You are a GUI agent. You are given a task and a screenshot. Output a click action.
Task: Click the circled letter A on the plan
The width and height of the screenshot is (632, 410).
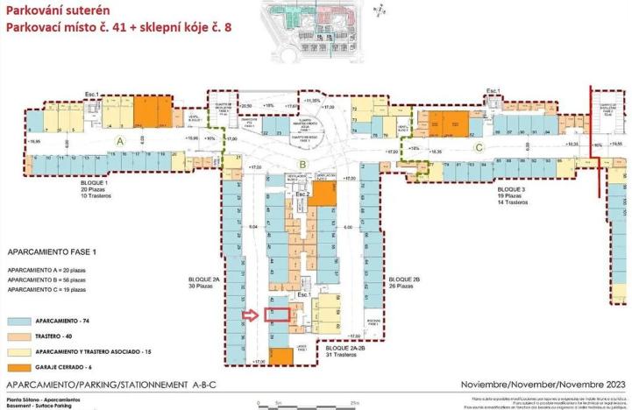coord(121,140)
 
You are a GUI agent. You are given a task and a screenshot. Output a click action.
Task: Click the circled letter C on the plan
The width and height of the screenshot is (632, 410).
coord(478,148)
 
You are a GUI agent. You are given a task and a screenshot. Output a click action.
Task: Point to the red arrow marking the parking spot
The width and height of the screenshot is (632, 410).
coord(252,316)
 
